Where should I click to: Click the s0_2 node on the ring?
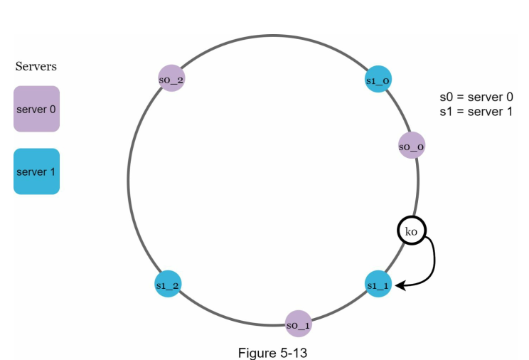tap(171, 80)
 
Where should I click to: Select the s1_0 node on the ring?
tap(378, 80)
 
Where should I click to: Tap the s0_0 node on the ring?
tap(412, 147)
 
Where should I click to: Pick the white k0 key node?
tap(411, 231)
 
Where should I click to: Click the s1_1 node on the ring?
tap(378, 285)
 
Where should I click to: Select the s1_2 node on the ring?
tap(168, 285)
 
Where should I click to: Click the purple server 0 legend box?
tap(36, 109)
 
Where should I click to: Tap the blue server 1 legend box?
tap(36, 171)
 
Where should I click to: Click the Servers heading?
tap(36, 66)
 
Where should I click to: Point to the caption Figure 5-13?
tap(272, 352)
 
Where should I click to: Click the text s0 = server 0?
tap(476, 97)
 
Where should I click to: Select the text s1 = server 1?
tap(476, 112)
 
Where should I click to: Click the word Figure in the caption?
tap(255, 352)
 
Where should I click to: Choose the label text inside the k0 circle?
tap(411, 231)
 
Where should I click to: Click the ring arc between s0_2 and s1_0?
tap(274, 36)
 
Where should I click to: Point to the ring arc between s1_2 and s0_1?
tap(228, 316)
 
